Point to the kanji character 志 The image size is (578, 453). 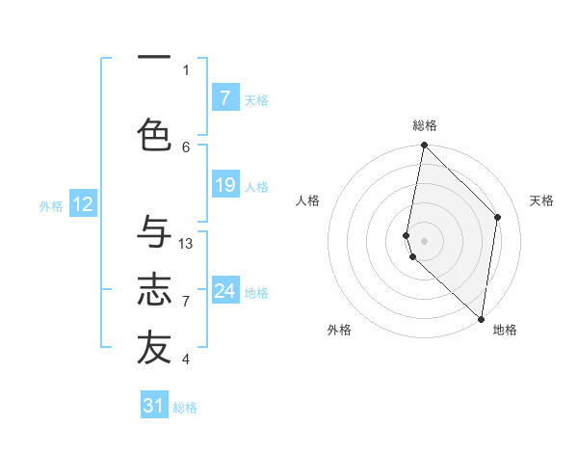pyautogui.click(x=154, y=289)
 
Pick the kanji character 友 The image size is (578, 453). pyautogui.click(x=154, y=349)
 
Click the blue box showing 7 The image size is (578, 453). pyautogui.click(x=224, y=98)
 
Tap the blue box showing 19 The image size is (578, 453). pyautogui.click(x=224, y=185)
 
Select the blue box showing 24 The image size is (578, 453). pyautogui.click(x=224, y=291)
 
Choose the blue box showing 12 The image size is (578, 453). pyautogui.click(x=82, y=204)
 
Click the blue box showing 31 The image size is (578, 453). pyautogui.click(x=154, y=406)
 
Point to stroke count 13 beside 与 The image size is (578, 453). pyautogui.click(x=186, y=244)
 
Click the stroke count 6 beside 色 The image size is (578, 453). pyautogui.click(x=186, y=147)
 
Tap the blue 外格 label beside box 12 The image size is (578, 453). pyautogui.click(x=51, y=205)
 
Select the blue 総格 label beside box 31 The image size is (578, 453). pyautogui.click(x=185, y=408)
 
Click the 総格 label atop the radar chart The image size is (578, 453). pyautogui.click(x=425, y=125)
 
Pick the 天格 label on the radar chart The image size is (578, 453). pyautogui.click(x=541, y=200)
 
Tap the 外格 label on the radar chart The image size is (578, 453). pyautogui.click(x=339, y=330)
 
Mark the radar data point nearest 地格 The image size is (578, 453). pyautogui.click(x=481, y=318)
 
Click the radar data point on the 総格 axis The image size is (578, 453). pyautogui.click(x=424, y=146)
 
